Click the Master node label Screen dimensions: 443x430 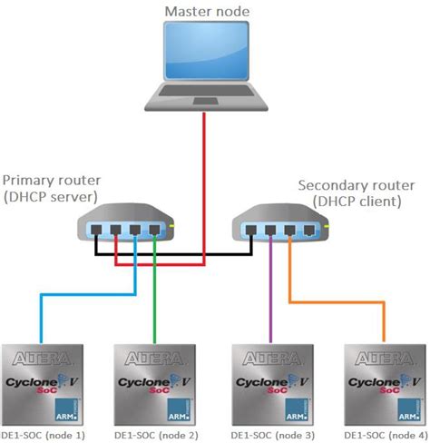point(208,12)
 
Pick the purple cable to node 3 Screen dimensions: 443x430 point(269,300)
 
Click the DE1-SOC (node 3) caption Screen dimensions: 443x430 point(273,434)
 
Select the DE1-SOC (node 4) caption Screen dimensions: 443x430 point(381,434)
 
